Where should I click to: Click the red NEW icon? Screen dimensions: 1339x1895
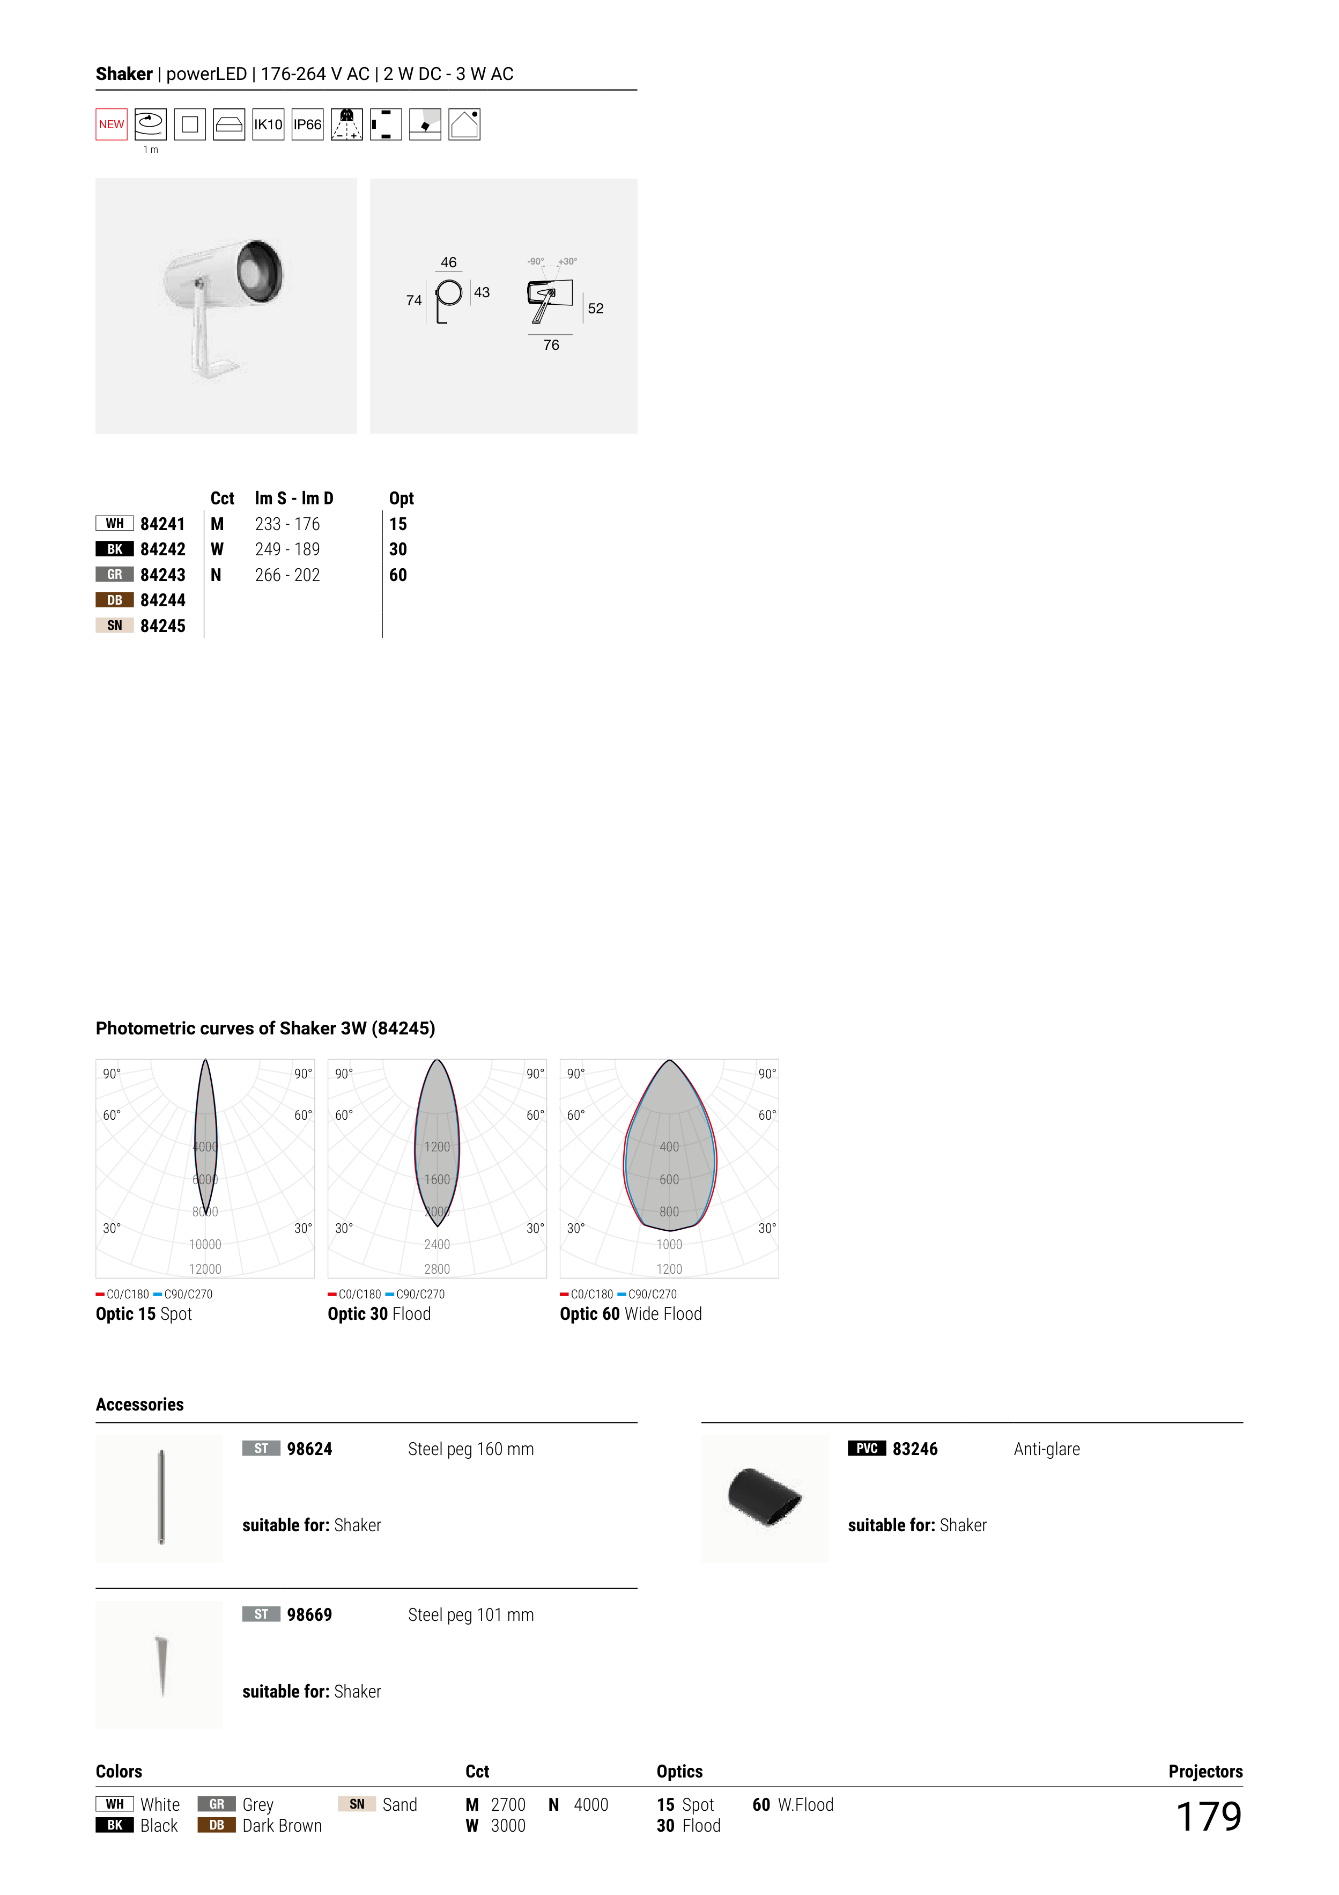tap(112, 124)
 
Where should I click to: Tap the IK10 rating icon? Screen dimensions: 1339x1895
tap(268, 124)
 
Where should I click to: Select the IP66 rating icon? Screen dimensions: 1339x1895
tap(308, 124)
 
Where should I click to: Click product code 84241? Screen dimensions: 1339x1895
tap(162, 524)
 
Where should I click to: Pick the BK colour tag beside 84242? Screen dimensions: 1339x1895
tap(115, 549)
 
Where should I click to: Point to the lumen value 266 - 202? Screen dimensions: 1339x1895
tap(287, 575)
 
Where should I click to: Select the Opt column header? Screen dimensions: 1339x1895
tap(402, 498)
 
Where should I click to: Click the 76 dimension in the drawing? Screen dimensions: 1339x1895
tap(551, 345)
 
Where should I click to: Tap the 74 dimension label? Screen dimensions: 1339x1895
tap(414, 300)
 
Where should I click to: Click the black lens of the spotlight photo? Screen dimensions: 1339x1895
tap(260, 273)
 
